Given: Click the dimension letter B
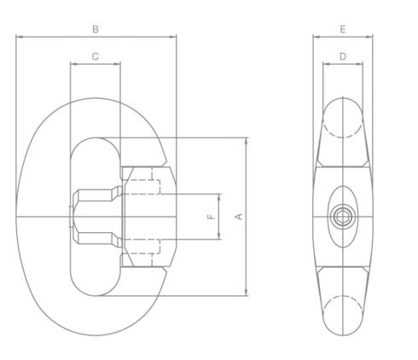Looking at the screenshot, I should (x=96, y=28).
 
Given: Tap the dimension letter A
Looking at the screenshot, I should (x=239, y=217).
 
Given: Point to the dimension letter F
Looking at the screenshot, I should (x=211, y=217).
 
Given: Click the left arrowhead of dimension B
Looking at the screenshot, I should (x=19, y=37).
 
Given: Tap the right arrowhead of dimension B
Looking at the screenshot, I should (x=174, y=37).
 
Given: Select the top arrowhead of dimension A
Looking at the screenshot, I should (x=247, y=139).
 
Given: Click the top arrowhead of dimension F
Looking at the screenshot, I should (x=220, y=196).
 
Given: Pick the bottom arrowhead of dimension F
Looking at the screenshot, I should (x=220, y=238).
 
